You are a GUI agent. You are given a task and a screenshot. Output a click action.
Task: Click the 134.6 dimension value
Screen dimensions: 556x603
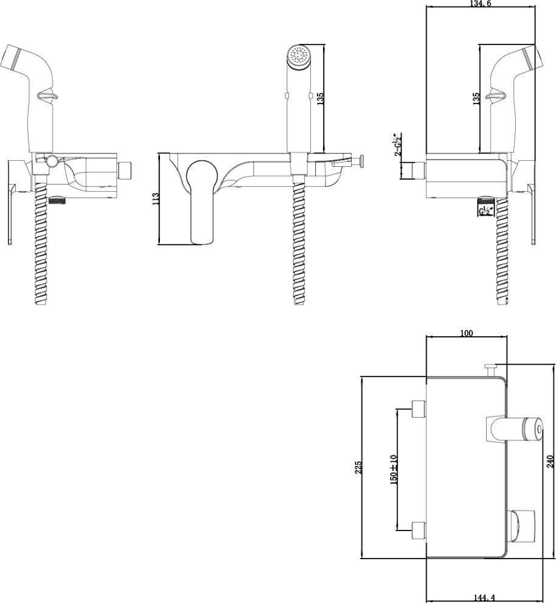tap(481, 4)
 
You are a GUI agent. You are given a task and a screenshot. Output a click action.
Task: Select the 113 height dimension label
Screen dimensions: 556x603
tap(156, 199)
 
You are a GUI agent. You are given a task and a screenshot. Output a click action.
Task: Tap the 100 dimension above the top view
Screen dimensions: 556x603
tap(466, 333)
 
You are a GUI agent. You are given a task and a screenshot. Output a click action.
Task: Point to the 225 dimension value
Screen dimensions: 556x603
tap(358, 467)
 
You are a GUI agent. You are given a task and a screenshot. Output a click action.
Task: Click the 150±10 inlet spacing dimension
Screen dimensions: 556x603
tap(393, 470)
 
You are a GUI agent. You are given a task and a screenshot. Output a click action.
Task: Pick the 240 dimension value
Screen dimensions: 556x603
tap(550, 461)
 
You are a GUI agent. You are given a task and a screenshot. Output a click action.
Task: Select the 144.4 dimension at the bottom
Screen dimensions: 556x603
tap(485, 598)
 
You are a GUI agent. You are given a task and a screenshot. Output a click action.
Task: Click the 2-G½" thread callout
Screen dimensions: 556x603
tap(397, 144)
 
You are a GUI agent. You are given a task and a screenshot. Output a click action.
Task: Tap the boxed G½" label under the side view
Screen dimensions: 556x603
tap(485, 211)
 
